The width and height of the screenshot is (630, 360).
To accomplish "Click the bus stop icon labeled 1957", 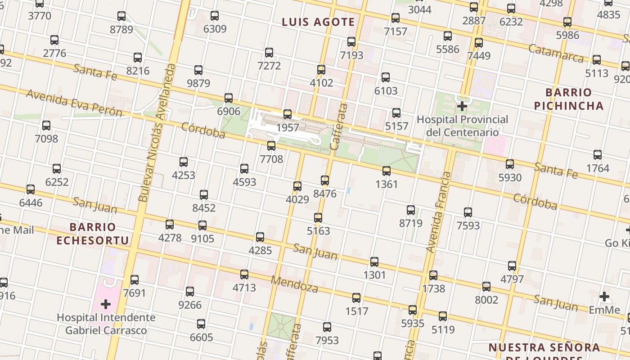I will pos(288,114).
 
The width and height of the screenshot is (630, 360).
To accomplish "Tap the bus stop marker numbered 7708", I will pos(271,146).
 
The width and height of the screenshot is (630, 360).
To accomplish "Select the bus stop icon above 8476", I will pos(325,180).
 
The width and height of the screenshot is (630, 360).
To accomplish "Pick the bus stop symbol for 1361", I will pos(386,171).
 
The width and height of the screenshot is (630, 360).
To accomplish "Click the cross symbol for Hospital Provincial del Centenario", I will pos(462,106).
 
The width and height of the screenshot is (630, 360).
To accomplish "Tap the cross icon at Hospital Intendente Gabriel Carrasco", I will pos(106,304).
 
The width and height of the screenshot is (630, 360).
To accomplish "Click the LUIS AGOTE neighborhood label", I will pos(318,22).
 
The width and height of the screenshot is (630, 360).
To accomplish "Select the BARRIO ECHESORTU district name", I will pos(93,234).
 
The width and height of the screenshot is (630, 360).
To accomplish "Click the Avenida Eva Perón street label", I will pos(74,103).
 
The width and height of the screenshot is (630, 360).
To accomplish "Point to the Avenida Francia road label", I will pos(439,211).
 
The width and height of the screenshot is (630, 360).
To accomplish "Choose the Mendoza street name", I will pos(294,284).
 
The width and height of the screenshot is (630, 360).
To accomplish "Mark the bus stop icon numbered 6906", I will pos(229,98).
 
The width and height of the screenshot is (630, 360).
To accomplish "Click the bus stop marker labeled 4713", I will pos(244,274).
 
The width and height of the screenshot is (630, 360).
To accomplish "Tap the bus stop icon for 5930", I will pos(510,164).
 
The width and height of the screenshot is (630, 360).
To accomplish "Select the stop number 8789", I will pos(121,30).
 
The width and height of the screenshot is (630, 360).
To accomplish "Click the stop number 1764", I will pos(598,168).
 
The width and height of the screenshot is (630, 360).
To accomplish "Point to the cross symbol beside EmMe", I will pos(604,297).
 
